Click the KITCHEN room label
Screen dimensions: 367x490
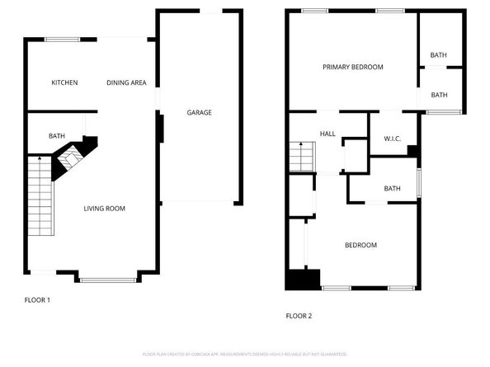coord(64,82)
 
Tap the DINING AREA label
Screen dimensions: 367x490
coord(126,82)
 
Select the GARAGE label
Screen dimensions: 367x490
coord(199,112)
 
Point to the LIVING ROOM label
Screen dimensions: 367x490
coord(105,209)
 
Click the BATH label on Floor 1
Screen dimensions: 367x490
coord(56,136)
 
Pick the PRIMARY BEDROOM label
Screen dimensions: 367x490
coord(352,67)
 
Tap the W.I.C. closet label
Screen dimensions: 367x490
coord(393,139)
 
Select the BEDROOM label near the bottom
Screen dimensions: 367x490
coord(360,245)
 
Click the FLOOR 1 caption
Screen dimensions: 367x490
coord(37,299)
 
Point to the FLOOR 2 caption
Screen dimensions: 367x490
coord(299,315)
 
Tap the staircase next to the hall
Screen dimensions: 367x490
coord(301,156)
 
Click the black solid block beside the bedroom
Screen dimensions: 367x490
coord(303,279)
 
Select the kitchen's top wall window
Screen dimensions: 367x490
coord(57,39)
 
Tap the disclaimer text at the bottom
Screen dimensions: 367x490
coord(244,353)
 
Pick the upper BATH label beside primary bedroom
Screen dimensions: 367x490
coord(438,55)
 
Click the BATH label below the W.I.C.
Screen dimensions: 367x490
coord(392,189)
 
